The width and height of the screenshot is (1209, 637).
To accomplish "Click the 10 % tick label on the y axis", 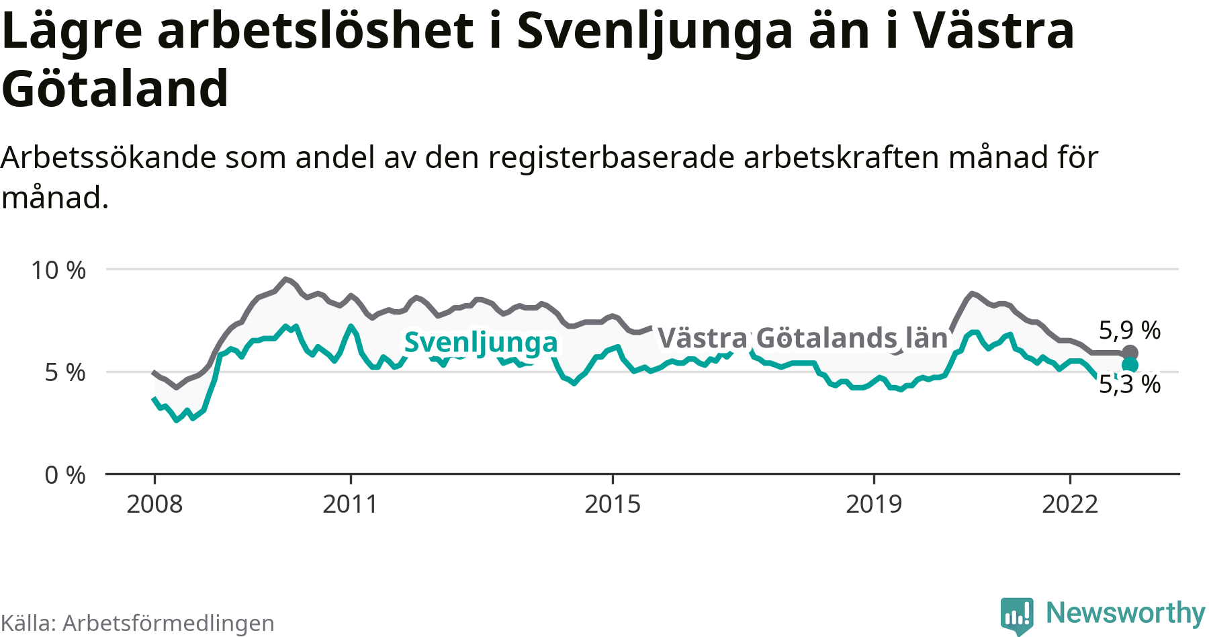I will tap(58, 270).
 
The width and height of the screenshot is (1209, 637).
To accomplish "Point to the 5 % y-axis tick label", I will tap(65, 372).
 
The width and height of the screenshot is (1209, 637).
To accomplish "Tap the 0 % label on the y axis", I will tap(65, 475).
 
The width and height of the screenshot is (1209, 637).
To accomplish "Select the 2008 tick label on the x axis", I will tap(154, 504).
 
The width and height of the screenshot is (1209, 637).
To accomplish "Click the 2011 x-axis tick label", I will tap(350, 504).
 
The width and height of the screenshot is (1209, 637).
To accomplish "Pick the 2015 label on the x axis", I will tap(613, 504).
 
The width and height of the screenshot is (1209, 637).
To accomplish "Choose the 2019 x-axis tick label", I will tap(874, 504).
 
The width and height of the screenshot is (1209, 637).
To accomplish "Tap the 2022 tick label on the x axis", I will tap(1070, 504).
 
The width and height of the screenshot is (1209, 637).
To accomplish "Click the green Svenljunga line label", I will tap(481, 343).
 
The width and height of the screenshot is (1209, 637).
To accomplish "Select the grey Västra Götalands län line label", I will tap(803, 338).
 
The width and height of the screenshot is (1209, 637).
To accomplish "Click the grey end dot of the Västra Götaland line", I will tap(1130, 353).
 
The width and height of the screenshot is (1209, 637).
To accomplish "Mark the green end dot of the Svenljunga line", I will tap(1130, 365).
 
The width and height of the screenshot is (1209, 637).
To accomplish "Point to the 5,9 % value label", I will tap(1130, 330).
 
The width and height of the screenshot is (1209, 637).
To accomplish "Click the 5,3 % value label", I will tap(1130, 384).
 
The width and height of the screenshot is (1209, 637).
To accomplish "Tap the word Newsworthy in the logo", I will tap(1126, 613).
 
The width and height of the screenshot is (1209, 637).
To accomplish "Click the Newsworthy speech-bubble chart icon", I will tap(1017, 615).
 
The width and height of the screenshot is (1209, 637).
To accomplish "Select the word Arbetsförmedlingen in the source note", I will tap(169, 623).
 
